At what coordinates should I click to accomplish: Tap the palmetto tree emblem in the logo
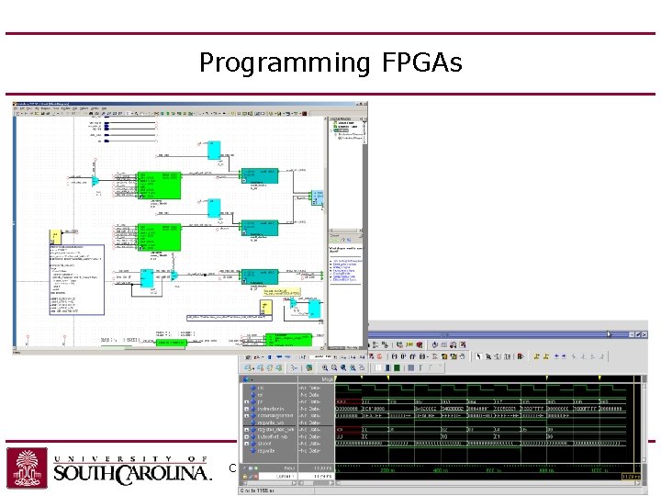[x=27, y=468]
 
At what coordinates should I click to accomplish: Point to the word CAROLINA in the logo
[x=165, y=474]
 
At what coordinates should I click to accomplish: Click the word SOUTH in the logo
[x=86, y=474]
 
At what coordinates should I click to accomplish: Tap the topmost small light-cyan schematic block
[x=214, y=150]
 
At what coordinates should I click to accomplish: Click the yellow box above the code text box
[x=56, y=238]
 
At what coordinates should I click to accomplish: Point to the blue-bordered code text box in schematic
[x=75, y=280]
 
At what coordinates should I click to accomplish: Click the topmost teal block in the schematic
[x=252, y=174]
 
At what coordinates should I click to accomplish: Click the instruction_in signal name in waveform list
[x=273, y=409]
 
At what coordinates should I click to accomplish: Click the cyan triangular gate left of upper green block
[x=95, y=181]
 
